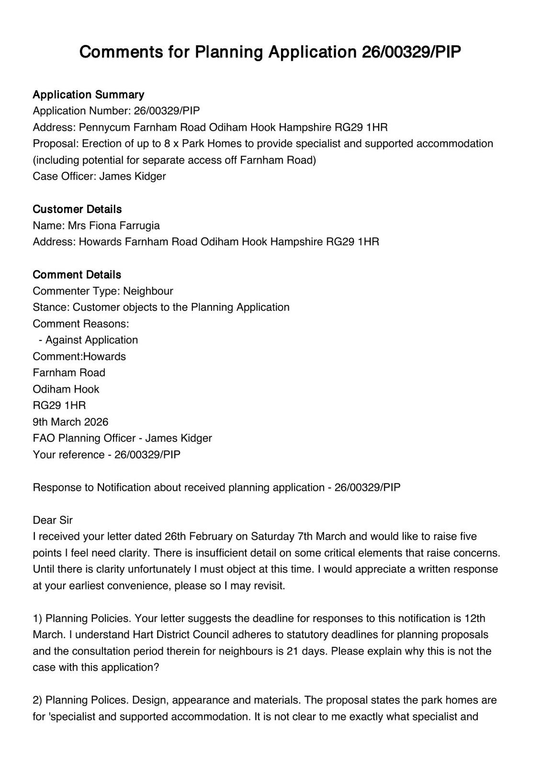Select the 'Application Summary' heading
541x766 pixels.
click(x=88, y=94)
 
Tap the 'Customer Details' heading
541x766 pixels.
click(x=77, y=209)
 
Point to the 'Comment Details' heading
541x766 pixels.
click(x=77, y=275)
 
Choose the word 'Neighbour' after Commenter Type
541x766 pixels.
click(x=148, y=291)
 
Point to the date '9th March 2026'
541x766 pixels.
click(x=70, y=422)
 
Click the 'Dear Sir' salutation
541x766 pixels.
click(x=53, y=520)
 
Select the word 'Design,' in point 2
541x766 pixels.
click(x=150, y=700)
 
